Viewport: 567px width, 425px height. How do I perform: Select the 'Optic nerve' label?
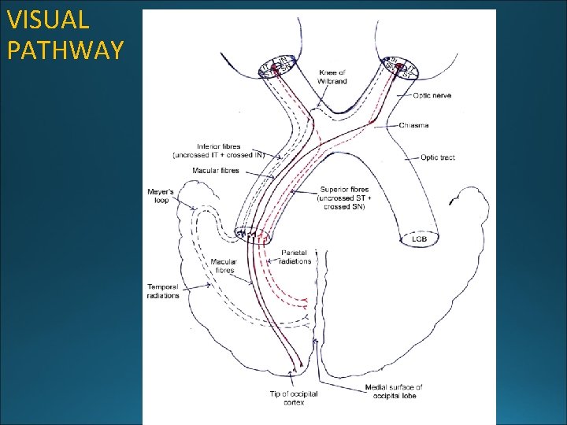(x=432, y=96)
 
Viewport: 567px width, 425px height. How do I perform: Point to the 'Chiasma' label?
(x=414, y=126)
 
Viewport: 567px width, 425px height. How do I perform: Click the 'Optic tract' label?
(x=437, y=158)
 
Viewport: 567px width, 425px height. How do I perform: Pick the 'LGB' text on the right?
(x=420, y=238)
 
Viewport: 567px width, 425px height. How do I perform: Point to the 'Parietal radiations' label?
(x=296, y=257)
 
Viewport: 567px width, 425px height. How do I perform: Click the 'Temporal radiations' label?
(x=163, y=290)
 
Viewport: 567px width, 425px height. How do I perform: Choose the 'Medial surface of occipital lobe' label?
(x=394, y=391)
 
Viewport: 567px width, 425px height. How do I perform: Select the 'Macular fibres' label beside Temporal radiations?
(x=224, y=266)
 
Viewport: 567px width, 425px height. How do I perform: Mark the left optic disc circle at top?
(x=276, y=67)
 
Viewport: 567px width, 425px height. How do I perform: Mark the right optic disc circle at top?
(x=402, y=68)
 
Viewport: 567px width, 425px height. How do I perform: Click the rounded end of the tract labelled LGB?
(x=420, y=236)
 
